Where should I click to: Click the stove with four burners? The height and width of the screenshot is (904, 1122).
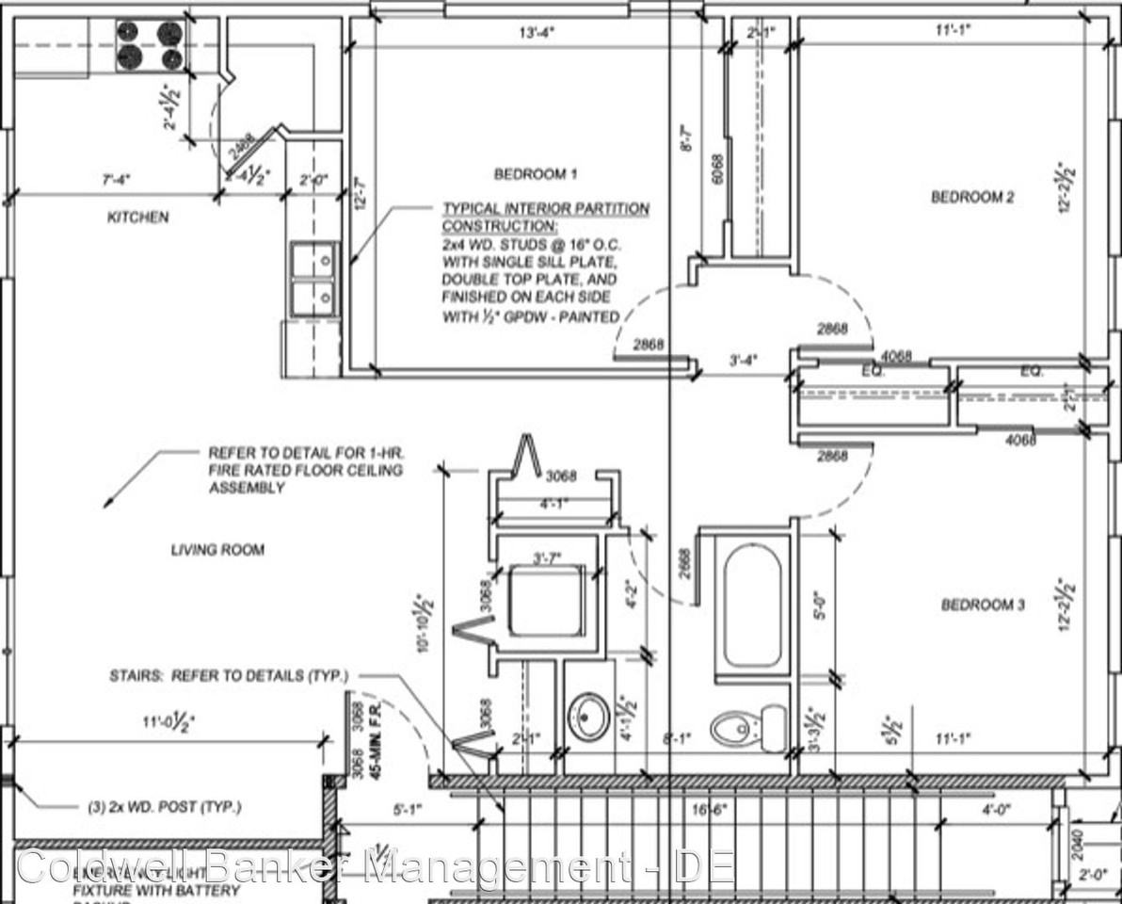(150, 46)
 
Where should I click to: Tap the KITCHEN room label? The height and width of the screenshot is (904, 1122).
(138, 218)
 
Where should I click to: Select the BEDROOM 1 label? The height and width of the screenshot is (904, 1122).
(535, 174)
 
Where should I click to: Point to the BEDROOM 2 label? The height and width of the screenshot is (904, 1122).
(972, 197)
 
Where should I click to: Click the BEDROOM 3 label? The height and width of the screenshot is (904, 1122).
(983, 605)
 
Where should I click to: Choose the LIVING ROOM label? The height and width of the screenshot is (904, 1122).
(217, 550)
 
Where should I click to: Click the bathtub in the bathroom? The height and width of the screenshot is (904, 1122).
(751, 605)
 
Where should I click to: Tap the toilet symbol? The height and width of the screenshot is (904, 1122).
(749, 728)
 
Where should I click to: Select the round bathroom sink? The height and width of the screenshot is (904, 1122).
(590, 717)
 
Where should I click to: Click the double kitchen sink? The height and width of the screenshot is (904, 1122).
(314, 279)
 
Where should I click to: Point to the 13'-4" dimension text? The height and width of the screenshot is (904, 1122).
(537, 31)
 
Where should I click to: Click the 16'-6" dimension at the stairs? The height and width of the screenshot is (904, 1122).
(704, 808)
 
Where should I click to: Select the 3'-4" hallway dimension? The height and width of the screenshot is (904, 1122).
(744, 359)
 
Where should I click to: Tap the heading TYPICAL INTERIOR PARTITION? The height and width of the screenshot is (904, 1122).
(546, 209)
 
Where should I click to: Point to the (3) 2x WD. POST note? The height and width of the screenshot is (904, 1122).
(158, 807)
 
